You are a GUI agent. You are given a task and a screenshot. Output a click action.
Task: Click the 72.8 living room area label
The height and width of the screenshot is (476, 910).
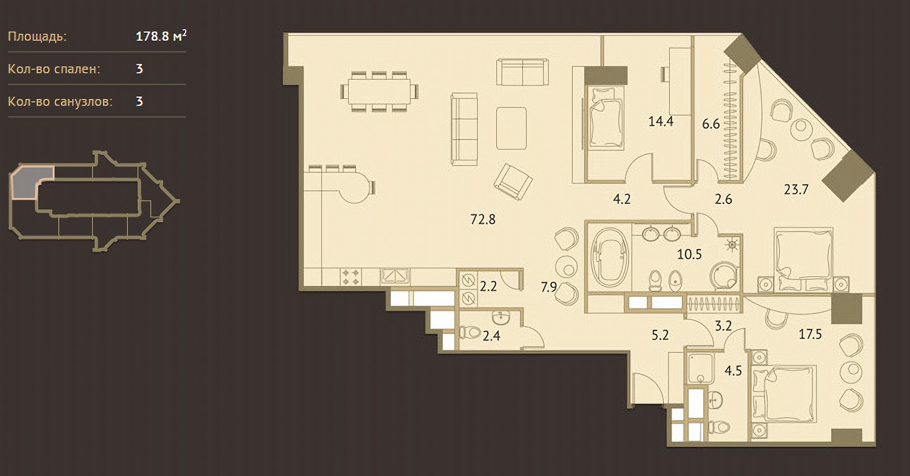point(483,220)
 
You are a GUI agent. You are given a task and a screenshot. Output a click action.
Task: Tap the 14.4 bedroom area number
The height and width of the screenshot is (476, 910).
point(661,121)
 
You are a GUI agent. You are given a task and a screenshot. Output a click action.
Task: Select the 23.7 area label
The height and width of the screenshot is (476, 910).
point(796,189)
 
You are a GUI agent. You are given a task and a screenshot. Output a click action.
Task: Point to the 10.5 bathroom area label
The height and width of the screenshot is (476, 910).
point(689,254)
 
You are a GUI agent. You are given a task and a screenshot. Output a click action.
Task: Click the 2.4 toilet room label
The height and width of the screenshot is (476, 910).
point(491,336)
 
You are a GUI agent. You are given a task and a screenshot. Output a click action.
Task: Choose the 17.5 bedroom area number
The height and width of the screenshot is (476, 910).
point(810,334)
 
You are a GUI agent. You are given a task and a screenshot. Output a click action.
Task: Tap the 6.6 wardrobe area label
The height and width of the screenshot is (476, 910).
point(711,124)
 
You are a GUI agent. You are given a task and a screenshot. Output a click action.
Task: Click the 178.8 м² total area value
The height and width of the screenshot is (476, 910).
point(161,36)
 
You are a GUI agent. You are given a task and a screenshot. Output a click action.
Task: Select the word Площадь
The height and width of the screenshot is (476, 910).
point(37,36)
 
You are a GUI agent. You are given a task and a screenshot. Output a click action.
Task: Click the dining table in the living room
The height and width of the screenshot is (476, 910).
point(379,92)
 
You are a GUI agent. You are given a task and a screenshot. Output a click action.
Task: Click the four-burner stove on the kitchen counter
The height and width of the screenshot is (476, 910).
point(351,277)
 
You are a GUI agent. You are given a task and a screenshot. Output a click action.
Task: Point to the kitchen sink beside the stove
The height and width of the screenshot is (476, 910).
point(395,276)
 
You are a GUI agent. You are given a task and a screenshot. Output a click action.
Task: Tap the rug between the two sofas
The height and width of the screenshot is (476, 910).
point(511,128)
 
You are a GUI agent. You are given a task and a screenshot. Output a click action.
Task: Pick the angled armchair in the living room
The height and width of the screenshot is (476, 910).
point(513,182)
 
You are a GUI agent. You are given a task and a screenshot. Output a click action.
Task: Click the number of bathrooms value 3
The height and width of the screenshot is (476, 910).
point(140,101)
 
